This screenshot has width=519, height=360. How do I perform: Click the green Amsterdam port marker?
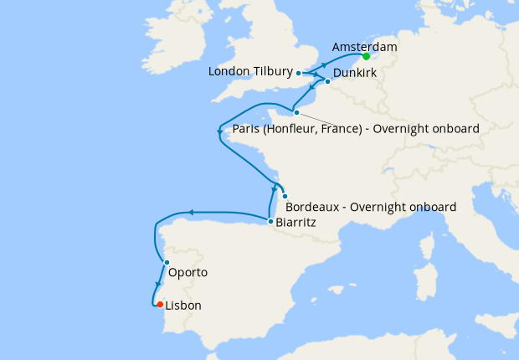pos(366,57)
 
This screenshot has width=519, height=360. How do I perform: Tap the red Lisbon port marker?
pos(159,304)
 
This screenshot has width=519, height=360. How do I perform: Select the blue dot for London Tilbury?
pos(299,74)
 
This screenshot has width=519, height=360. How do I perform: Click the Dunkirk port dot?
pos(326,81)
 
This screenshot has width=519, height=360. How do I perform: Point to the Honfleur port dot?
pos(296,111)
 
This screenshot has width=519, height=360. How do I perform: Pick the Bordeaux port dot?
pos(285,196)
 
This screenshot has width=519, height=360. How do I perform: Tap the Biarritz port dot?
pos(270,221)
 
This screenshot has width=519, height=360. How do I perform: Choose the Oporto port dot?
pos(167,263)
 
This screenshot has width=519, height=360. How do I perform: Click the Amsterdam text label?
pos(364,47)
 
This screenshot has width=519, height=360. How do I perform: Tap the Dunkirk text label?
pos(355,75)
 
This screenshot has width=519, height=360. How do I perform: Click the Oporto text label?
pos(188,273)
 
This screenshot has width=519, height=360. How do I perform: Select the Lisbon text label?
pos(183,306)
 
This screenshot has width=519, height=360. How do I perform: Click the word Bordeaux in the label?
pos(315,207)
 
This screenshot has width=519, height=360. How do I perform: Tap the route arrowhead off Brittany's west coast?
pos(219,131)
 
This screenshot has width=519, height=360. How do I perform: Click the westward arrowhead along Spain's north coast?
pos(190,213)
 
